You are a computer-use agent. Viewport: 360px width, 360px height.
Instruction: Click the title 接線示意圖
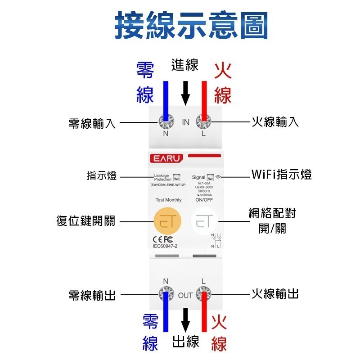191,25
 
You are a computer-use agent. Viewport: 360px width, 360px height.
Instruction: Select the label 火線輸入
275,121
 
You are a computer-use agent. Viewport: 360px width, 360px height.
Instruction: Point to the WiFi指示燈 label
281,175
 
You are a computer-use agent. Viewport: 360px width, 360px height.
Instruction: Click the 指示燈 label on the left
102,175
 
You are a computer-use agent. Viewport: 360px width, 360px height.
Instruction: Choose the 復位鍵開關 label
86,221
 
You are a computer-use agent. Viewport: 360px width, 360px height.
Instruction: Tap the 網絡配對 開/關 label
272,220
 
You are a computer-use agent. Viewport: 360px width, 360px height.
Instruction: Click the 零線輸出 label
92,295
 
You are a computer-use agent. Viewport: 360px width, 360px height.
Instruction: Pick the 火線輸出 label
275,294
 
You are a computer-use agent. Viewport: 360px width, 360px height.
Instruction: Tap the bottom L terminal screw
203,294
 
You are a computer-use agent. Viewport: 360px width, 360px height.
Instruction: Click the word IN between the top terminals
185,122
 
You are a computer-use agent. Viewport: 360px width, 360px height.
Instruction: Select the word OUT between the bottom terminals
185,296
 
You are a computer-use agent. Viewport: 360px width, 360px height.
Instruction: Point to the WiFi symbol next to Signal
219,177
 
